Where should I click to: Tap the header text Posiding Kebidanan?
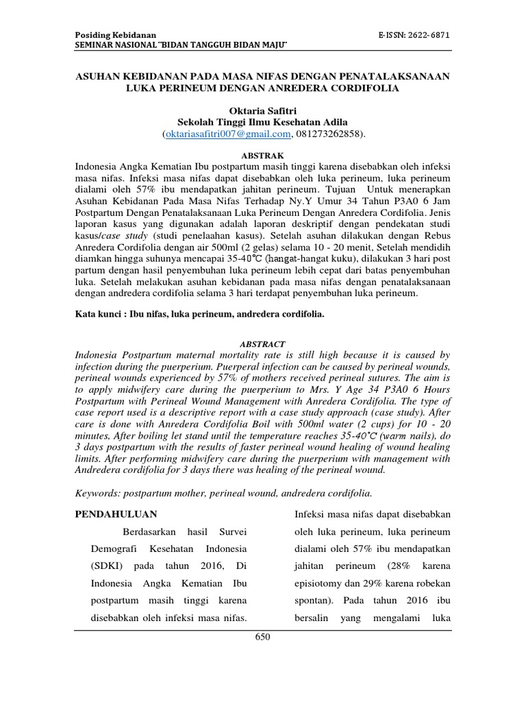[x=115, y=35]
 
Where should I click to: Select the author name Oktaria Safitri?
[x=263, y=109]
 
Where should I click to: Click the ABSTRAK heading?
[x=263, y=155]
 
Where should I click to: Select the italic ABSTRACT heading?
[x=263, y=343]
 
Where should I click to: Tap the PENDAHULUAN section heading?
[x=116, y=514]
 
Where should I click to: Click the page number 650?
[x=263, y=637]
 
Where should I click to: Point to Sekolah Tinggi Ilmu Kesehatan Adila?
[x=263, y=121]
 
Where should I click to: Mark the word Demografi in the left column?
[x=114, y=549]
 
